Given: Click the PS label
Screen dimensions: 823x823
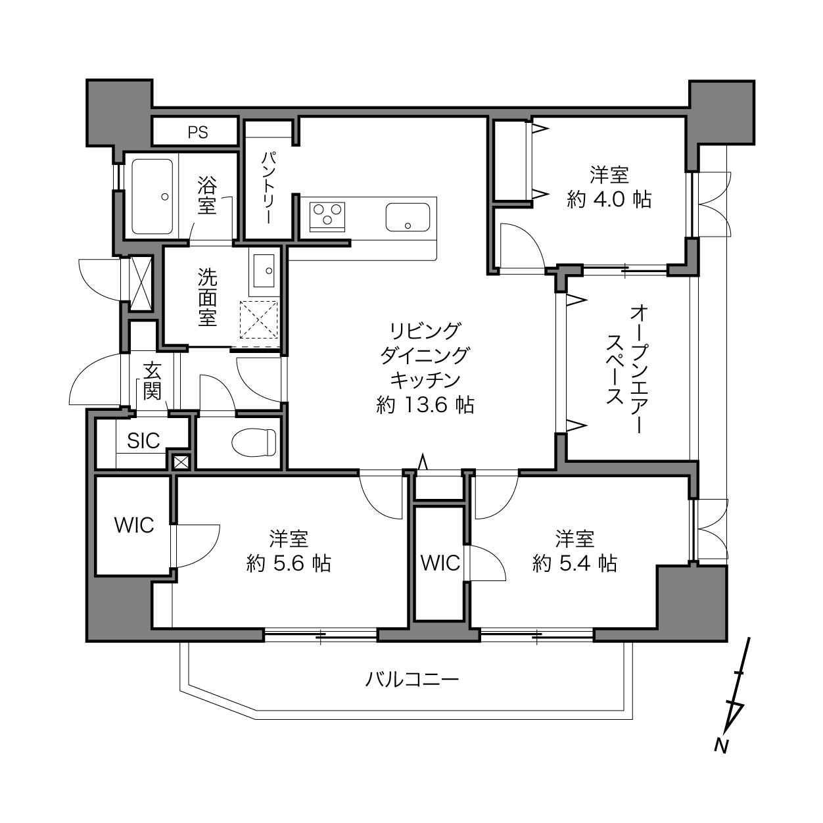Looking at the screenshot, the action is coord(198,132).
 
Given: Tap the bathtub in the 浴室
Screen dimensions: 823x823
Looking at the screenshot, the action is coord(153,197).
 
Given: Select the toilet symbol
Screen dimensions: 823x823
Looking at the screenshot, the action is coord(254,442).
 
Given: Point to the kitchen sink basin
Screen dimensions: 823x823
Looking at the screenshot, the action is coord(408,217).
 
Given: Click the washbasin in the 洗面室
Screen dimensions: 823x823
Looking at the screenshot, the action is coord(264,271).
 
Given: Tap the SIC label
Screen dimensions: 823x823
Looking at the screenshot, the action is coord(143,440).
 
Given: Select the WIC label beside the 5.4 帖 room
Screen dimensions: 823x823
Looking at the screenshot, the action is coord(440,563).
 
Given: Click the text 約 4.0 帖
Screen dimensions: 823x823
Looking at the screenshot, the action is coord(609,199).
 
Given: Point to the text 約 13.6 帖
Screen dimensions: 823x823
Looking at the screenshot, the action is coord(425,404).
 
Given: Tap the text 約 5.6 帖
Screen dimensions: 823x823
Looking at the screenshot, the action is coord(289,563).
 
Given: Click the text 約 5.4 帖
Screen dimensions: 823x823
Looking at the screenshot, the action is coord(575,563).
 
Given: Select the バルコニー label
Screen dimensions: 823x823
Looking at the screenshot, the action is coord(412,679).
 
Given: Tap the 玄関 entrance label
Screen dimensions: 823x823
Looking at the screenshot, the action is coord(152,380).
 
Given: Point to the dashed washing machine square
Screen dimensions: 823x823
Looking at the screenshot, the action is coord(258,320).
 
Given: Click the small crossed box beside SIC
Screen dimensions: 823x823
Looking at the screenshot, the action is coord(180,461).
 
